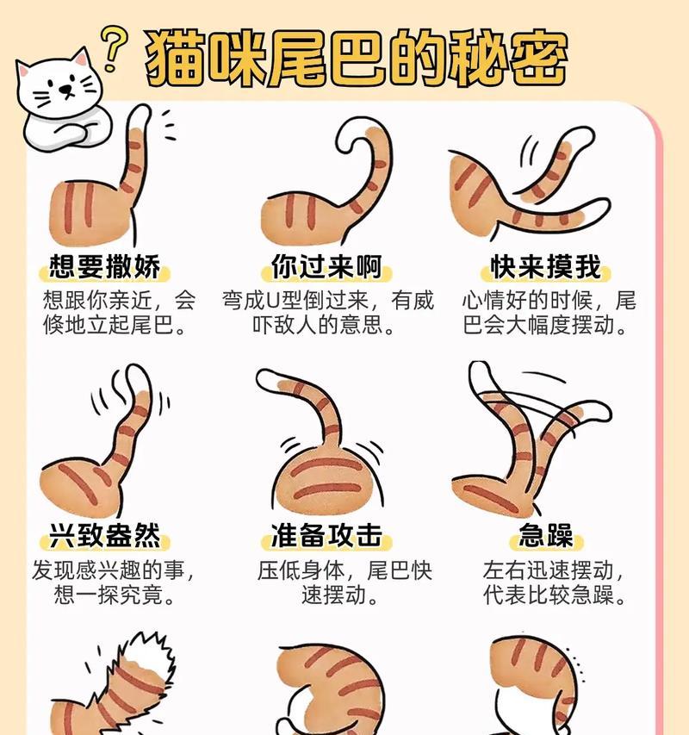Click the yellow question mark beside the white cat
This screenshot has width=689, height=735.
point(113,48)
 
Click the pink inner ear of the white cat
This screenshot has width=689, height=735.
point(81,59)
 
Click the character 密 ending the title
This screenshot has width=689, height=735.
point(537,59)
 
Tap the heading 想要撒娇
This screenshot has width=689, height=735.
point(104,267)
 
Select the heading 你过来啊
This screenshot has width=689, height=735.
point(326,267)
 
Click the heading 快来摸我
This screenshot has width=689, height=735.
point(546,267)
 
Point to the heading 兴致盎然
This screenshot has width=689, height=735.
point(104,535)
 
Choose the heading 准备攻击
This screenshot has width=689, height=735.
point(326,535)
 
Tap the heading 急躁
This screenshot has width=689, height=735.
point(546,535)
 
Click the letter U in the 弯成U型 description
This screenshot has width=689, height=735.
point(273,301)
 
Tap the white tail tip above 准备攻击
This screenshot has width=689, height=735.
point(270,380)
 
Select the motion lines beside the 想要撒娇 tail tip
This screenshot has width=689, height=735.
point(168,125)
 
